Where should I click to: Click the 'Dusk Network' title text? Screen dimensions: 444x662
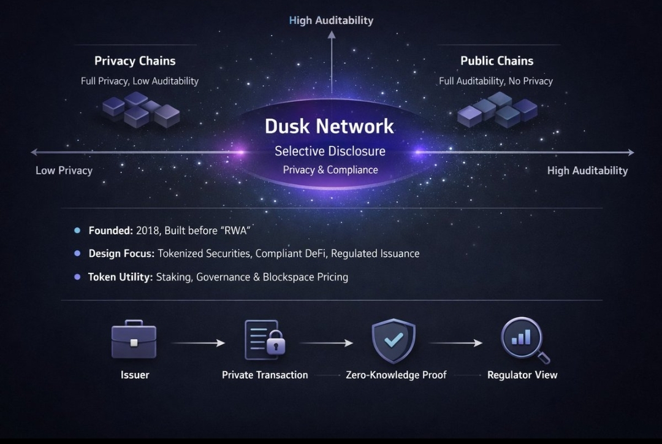pos(329,126)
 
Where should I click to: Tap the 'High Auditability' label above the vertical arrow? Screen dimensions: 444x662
pos(331,20)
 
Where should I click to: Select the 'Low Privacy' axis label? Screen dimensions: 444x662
pos(64,170)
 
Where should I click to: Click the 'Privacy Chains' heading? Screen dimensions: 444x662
pos(135,61)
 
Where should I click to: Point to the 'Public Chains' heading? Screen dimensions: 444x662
pos(496,61)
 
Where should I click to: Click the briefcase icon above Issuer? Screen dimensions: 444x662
pos(134,340)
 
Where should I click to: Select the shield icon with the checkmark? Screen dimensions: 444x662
pos(393,339)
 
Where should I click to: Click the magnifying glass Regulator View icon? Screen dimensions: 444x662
pos(525,339)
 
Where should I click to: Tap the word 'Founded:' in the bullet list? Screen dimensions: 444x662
pos(110,231)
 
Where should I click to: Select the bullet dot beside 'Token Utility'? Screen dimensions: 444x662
pos(77,277)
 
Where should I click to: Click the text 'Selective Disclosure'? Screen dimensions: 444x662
pos(330,151)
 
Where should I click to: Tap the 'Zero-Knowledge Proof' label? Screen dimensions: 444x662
pos(396,375)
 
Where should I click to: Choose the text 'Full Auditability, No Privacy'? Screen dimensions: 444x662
pos(496,81)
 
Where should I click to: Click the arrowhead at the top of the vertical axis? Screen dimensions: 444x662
pos(332,36)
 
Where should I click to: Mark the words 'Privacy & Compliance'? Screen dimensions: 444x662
pos(330,170)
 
